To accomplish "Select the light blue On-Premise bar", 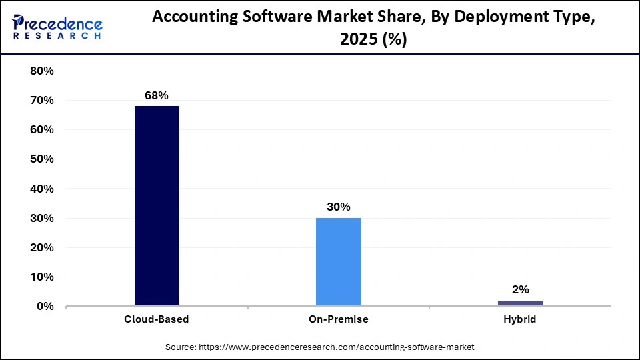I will (x=339, y=261).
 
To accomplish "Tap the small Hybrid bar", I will (x=520, y=303).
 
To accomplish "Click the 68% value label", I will (x=157, y=95).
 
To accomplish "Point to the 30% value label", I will (x=339, y=207).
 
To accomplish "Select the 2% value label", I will (x=520, y=289).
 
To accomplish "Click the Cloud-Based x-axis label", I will (x=157, y=319).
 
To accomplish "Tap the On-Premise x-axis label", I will (x=339, y=319).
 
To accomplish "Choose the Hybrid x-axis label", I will (x=520, y=319).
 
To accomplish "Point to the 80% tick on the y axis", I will (x=42, y=71).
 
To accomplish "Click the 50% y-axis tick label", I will (x=42, y=159).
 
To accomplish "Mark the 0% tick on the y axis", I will (x=45, y=306).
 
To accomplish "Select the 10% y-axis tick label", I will (x=42, y=277).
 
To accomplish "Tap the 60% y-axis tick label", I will (x=42, y=130).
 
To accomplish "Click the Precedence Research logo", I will (x=57, y=27).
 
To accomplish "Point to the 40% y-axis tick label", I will (x=42, y=189).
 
